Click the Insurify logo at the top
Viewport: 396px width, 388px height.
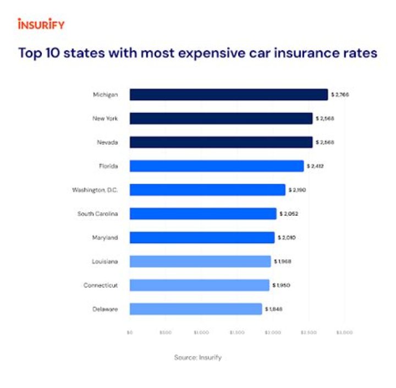click(x=41, y=24)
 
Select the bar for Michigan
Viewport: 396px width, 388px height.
click(x=228, y=95)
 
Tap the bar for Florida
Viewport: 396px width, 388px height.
click(x=216, y=166)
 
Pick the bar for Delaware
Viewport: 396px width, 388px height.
click(x=195, y=309)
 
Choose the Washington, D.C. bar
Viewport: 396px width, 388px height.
click(x=207, y=190)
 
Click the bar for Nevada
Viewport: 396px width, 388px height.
click(x=221, y=142)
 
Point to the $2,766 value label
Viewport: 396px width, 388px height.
click(x=340, y=95)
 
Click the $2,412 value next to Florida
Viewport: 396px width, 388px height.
click(x=316, y=166)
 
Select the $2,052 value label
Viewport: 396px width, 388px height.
click(x=288, y=214)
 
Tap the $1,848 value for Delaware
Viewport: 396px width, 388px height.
click(x=274, y=309)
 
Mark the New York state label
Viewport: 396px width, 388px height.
click(x=105, y=118)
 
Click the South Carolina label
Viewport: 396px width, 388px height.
click(x=97, y=214)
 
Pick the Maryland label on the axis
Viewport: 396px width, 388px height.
click(x=105, y=238)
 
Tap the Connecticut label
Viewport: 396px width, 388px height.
click(x=101, y=285)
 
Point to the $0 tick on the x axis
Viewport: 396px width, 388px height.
click(x=130, y=332)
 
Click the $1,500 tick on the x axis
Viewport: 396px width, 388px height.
click(x=237, y=332)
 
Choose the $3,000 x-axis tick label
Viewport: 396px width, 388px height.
click(x=344, y=332)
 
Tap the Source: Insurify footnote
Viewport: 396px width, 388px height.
click(x=198, y=357)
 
